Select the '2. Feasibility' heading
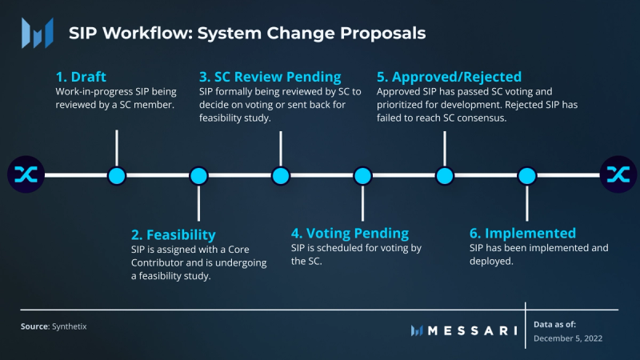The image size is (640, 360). pos(174,235)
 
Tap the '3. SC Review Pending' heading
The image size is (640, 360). pos(270,78)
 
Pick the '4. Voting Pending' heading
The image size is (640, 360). pos(350,234)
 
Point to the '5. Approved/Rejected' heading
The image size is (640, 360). pos(449,78)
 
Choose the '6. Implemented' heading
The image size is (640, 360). pos(522,234)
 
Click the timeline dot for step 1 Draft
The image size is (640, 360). pos(117,175)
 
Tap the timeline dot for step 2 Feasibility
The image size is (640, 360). pos(198,175)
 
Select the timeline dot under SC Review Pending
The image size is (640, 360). pos(280,175)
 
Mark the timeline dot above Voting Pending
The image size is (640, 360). pos(362,175)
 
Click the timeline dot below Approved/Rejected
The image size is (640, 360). pos(444,175)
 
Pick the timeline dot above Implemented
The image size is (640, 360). pos(526,175)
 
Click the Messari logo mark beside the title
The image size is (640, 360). pos(38,33)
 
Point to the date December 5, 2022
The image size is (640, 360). pos(568,338)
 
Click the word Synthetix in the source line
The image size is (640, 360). pos(70,326)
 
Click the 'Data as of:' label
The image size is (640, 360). pos(555,324)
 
